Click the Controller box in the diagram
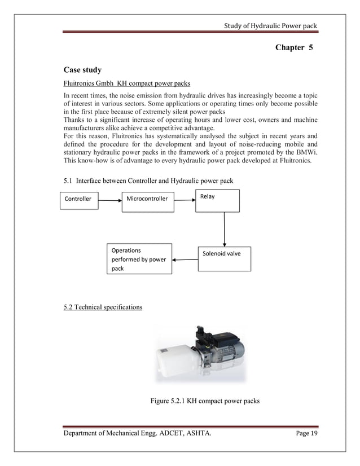[78, 199]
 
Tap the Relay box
[217, 200]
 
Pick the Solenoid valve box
[224, 255]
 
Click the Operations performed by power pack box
[139, 258]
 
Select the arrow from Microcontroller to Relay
[185, 199]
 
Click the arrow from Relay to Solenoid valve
[225, 228]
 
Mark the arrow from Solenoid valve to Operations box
[185, 260]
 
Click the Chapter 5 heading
[293, 47]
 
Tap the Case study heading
[82, 71]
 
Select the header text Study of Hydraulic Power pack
[270, 25]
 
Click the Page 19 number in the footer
[306, 433]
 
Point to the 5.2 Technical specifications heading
[103, 307]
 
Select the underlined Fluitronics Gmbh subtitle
[119, 85]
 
